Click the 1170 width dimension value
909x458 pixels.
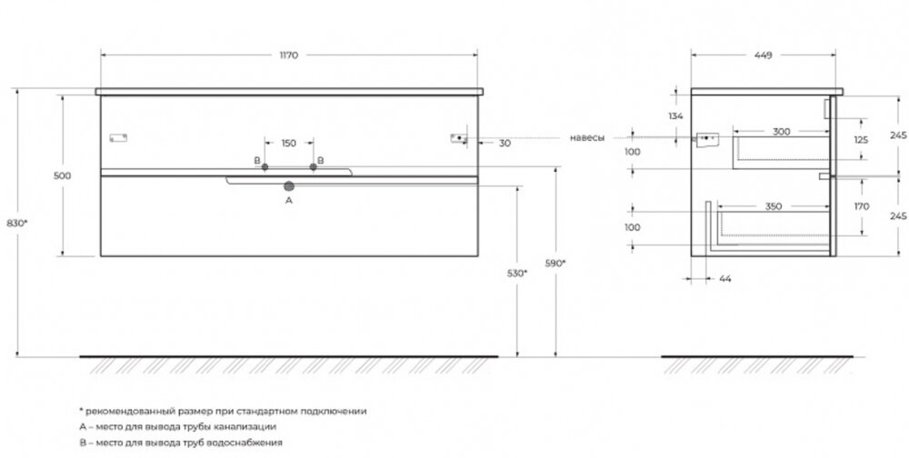pyautogui.click(x=289, y=55)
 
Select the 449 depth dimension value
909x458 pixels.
pyautogui.click(x=763, y=55)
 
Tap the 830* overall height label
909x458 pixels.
pyautogui.click(x=16, y=223)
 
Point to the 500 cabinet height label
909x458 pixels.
pyautogui.click(x=62, y=175)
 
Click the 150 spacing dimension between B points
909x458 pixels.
pyautogui.click(x=289, y=144)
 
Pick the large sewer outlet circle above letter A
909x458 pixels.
pyautogui.click(x=289, y=186)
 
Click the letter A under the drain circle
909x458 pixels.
pyautogui.click(x=289, y=201)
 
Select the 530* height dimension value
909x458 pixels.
pyautogui.click(x=517, y=273)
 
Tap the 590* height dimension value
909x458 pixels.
pyautogui.click(x=555, y=264)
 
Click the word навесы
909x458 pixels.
pyautogui.click(x=587, y=138)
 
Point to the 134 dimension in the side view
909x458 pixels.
pyautogui.click(x=676, y=116)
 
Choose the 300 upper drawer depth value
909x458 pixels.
pyautogui.click(x=782, y=132)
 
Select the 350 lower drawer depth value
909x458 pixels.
pyautogui.click(x=774, y=206)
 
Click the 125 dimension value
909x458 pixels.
pyautogui.click(x=861, y=140)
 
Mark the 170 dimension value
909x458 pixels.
pyautogui.click(x=862, y=206)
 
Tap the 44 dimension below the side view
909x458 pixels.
pyautogui.click(x=725, y=279)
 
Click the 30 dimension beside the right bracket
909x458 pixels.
pyautogui.click(x=504, y=144)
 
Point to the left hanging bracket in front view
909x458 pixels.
pyautogui.click(x=118, y=138)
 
